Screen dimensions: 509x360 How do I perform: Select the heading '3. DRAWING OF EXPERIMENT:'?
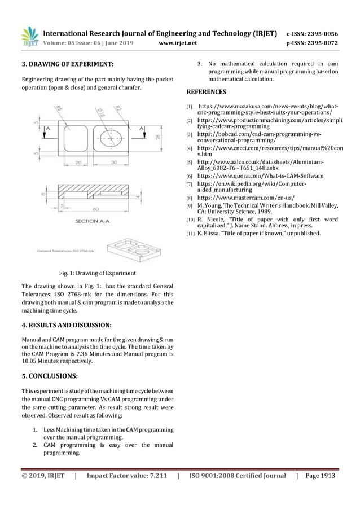67,64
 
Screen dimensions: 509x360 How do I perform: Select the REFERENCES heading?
206,91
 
